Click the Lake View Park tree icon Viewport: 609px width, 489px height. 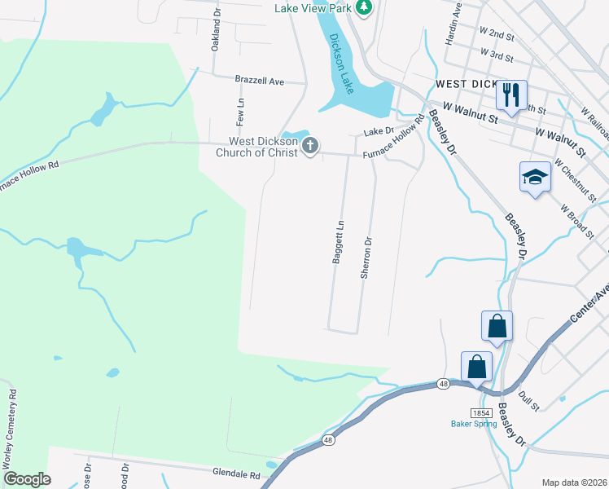(x=364, y=8)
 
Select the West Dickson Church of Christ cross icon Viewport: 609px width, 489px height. (x=309, y=147)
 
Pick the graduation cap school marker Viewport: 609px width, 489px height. (x=535, y=176)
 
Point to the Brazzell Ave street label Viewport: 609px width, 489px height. (x=259, y=81)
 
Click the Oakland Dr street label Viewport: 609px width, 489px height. (x=217, y=30)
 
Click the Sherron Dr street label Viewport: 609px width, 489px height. (x=367, y=258)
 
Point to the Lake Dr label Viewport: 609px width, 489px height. (x=379, y=130)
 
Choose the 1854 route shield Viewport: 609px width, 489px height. (x=480, y=413)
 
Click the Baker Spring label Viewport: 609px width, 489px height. (x=473, y=424)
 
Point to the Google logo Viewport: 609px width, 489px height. (x=27, y=479)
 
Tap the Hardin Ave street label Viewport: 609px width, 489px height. (x=453, y=22)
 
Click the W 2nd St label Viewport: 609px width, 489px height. (x=497, y=34)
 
